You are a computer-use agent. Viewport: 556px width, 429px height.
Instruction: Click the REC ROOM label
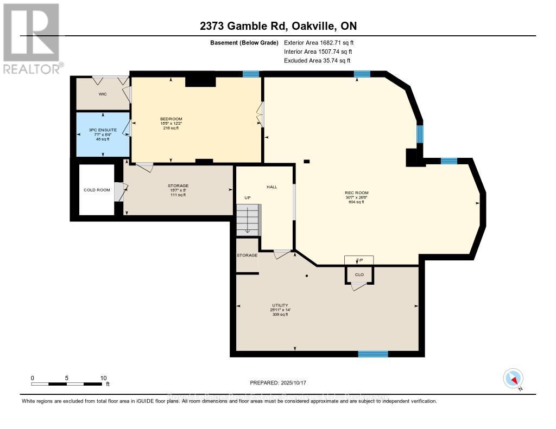357,193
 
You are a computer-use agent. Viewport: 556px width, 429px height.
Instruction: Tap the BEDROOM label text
171,119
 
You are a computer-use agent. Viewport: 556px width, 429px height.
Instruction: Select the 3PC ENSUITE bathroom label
103,130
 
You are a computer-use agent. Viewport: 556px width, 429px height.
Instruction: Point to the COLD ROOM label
96,190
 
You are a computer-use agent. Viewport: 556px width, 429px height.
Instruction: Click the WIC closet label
102,94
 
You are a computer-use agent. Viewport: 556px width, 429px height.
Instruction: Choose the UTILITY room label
280,305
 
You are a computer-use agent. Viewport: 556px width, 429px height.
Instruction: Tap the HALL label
271,187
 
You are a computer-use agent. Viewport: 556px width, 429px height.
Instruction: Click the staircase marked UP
248,220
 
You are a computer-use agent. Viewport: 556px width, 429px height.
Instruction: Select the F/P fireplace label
358,260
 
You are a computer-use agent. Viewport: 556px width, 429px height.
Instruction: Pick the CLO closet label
359,274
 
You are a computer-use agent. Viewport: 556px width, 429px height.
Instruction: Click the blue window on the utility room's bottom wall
373,354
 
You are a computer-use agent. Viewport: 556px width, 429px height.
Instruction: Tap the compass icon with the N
513,378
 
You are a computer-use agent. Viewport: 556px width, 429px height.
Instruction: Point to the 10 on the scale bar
103,378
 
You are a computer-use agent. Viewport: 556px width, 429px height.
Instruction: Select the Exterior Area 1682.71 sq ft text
319,42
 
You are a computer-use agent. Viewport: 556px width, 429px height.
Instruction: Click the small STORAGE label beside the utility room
247,255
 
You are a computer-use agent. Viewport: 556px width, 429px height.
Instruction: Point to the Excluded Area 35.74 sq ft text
318,61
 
